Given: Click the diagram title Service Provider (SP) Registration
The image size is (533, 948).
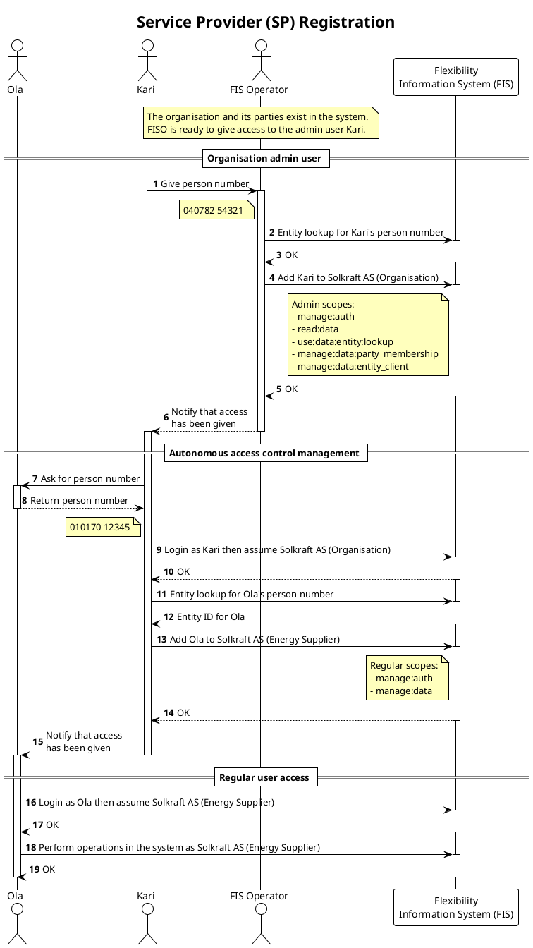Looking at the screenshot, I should (x=266, y=23).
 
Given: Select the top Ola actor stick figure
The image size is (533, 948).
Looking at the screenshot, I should (x=16, y=61).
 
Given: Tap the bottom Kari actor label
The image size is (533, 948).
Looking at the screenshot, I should (x=146, y=896).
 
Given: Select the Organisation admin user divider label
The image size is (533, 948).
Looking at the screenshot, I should (x=264, y=158).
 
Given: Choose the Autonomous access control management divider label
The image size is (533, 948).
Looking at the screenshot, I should (x=264, y=453).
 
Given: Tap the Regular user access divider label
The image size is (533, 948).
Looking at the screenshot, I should (x=264, y=777).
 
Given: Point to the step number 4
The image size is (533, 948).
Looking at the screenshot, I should (x=271, y=277).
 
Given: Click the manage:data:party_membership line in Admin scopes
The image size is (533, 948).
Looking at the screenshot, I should (x=367, y=354).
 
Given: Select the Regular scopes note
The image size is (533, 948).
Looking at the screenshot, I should (x=408, y=678).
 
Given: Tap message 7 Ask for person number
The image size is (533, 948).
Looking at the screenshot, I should (x=90, y=478).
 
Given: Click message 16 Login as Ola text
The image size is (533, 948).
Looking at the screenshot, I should (x=156, y=802).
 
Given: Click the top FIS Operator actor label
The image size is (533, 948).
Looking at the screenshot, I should (x=259, y=90).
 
